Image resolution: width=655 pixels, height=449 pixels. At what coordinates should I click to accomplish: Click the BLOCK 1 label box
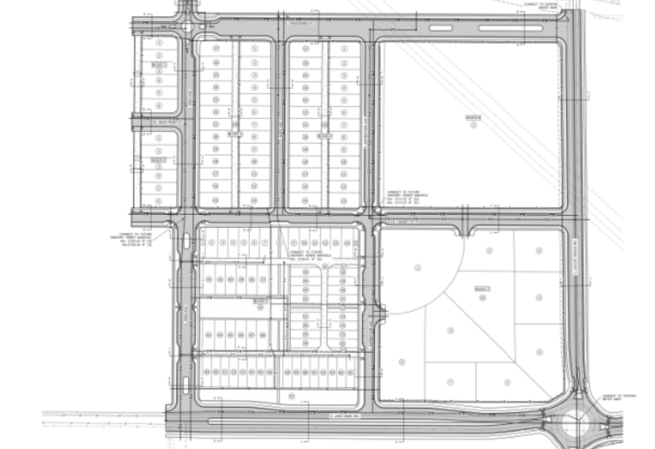pyautogui.click(x=159, y=66)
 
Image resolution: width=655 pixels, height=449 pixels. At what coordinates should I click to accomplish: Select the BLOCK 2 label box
pyautogui.click(x=159, y=160)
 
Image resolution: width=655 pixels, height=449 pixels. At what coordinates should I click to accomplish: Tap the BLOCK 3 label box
pyautogui.click(x=234, y=134)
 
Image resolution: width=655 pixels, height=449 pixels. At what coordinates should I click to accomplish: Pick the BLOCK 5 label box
pyautogui.click(x=262, y=300)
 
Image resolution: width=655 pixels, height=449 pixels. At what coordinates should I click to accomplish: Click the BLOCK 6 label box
pyautogui.click(x=473, y=118)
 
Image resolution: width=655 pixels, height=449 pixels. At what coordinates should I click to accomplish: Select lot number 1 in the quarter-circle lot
pyautogui.click(x=418, y=268)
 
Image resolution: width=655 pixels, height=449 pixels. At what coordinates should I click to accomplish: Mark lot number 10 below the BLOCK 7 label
pyautogui.click(x=483, y=296)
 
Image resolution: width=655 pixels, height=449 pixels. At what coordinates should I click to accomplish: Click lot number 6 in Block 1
pyautogui.click(x=159, y=105)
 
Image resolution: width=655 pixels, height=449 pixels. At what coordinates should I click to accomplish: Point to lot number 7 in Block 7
pyautogui.click(x=450, y=382)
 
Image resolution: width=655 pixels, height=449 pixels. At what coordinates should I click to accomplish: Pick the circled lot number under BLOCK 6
pyautogui.click(x=473, y=125)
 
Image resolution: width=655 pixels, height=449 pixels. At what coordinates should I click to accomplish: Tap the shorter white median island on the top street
pyautogui.click(x=440, y=27)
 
